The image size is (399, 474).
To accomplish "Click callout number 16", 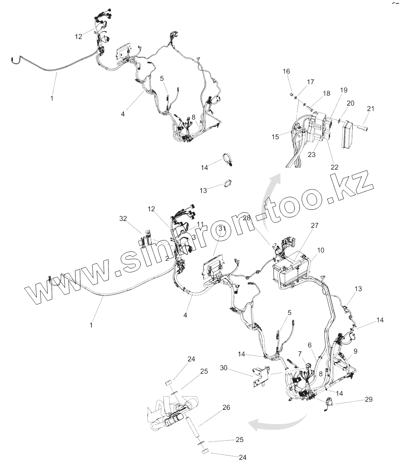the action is coord(286,71).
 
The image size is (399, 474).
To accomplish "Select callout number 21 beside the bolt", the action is coord(370,109).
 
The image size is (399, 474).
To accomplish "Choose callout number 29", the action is coord(368,400).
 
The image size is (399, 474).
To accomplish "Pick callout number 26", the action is coord(226,407).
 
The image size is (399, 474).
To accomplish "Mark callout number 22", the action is coord(334,167).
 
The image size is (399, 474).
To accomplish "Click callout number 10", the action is coord(321,250).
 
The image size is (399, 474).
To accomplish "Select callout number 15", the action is coord(275,137).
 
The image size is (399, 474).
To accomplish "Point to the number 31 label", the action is coord(221,229).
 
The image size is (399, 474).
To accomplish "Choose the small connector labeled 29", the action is coord(328,403).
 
